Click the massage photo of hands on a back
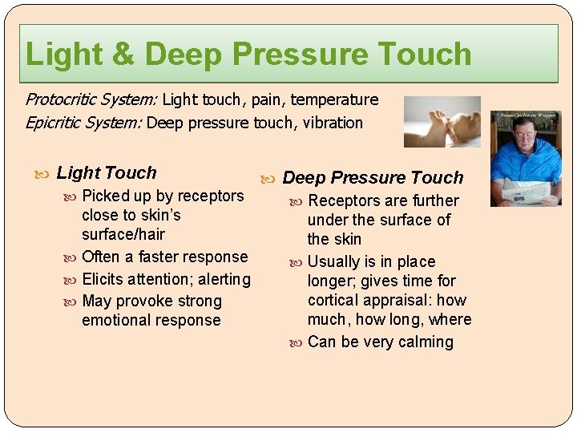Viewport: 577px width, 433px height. (442, 122)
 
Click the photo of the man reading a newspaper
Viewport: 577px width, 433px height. (526, 159)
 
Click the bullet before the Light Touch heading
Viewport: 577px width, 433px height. (42, 174)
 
